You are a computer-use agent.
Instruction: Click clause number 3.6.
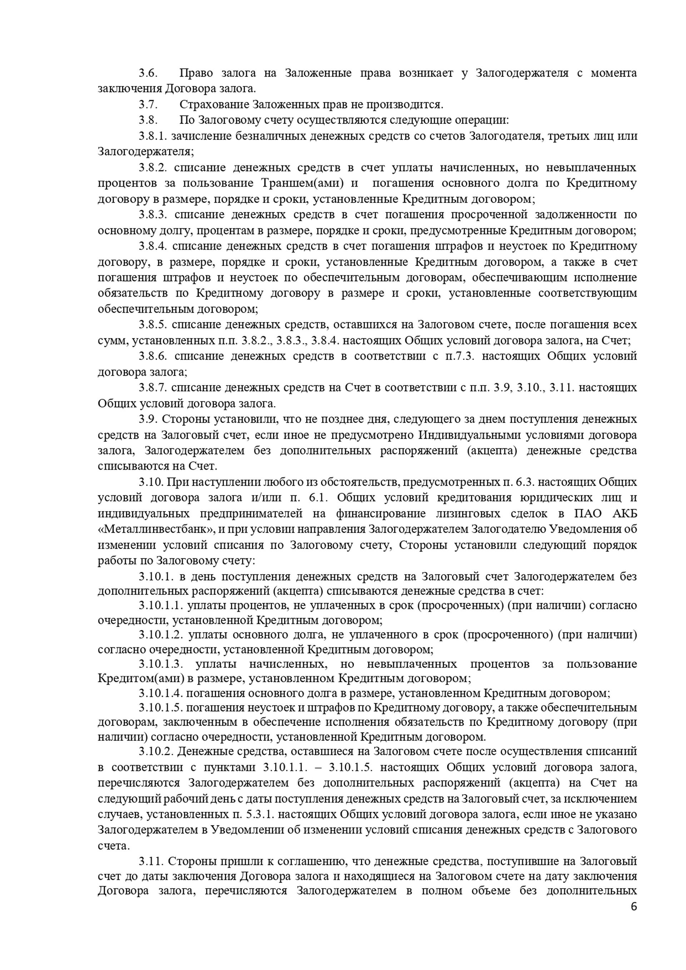[148, 73]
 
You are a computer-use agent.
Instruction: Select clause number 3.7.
[148, 104]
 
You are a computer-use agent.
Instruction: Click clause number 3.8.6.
[153, 356]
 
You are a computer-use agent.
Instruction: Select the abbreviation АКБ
[625, 514]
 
